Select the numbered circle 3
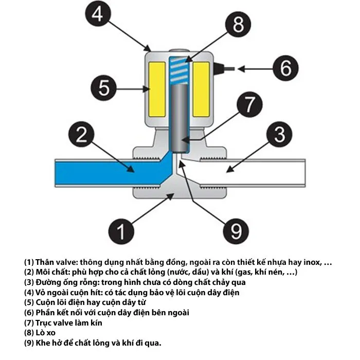[279, 135]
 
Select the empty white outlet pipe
[257, 169]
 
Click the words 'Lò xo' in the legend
[46, 332]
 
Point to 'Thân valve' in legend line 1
[57, 262]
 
